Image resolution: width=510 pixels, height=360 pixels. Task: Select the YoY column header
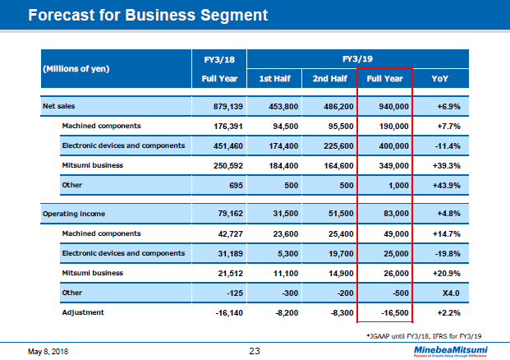pos(439,79)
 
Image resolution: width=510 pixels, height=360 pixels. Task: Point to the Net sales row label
pos(59,107)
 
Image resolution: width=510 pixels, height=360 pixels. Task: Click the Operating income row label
pos(72,214)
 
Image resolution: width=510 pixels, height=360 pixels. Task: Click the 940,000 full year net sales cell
pos(390,107)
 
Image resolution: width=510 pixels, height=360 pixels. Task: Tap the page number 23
pos(255,351)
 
